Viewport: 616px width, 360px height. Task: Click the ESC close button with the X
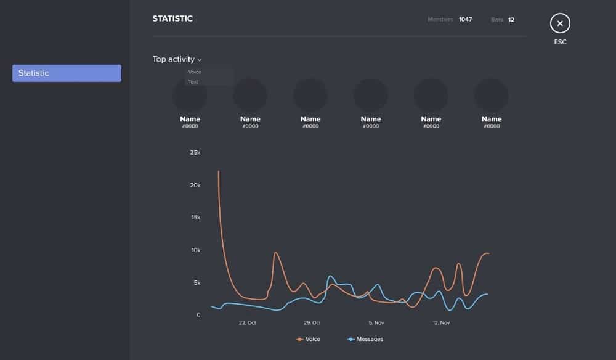[x=560, y=23]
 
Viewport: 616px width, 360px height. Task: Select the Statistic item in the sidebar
[x=67, y=73]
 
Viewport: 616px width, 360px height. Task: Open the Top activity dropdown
[x=177, y=60]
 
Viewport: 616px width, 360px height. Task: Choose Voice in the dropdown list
[x=195, y=72]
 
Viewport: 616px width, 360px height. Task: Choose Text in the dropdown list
[x=193, y=82]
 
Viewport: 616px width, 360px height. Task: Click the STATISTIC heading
[x=172, y=18]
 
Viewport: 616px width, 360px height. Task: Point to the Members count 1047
[x=465, y=20]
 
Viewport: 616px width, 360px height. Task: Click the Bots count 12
[x=511, y=20]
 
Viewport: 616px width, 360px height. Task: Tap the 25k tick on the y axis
[x=195, y=152]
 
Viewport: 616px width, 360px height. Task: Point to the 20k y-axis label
[x=195, y=185]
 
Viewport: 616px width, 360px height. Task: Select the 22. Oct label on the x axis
[x=247, y=322]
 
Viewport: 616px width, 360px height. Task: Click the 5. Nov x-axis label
[x=376, y=322]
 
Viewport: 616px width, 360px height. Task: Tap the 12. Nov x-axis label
[x=441, y=322]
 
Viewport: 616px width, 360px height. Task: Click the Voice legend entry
[x=309, y=339]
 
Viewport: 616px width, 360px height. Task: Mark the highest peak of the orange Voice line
[x=219, y=171]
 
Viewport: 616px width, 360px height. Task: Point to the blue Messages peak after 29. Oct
[x=331, y=276]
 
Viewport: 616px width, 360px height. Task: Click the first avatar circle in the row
[x=190, y=95]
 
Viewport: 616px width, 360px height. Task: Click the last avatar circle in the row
[x=491, y=95]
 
